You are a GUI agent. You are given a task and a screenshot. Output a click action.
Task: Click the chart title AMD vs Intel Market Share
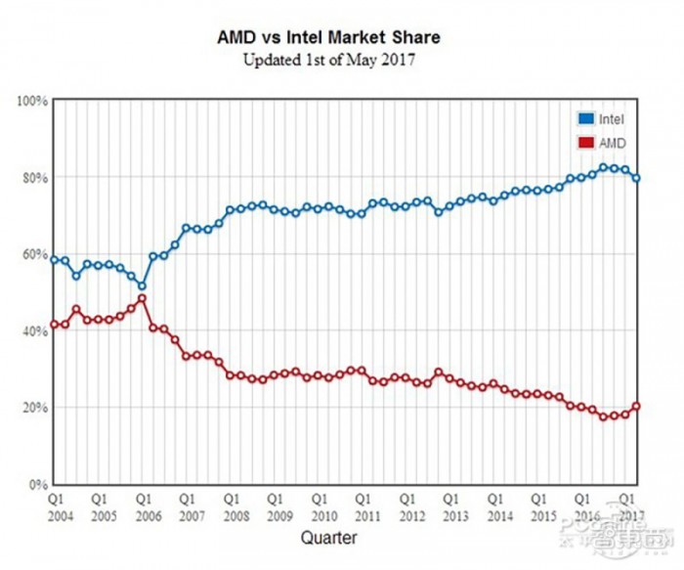(328, 37)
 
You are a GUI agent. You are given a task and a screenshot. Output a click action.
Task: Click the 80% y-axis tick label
(35, 178)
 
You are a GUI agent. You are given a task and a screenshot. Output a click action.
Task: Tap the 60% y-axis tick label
(35, 254)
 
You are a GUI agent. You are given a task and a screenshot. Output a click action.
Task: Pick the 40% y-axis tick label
(35, 330)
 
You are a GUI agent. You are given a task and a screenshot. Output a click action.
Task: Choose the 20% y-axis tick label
(35, 407)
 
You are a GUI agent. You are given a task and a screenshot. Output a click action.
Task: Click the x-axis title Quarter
(328, 537)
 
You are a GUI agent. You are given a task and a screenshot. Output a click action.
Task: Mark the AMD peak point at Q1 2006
(143, 298)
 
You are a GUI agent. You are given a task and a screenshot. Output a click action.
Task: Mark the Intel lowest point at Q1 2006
(143, 285)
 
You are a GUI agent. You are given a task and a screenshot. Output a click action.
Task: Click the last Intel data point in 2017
(637, 178)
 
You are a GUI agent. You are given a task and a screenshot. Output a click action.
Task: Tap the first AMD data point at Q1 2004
(55, 325)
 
